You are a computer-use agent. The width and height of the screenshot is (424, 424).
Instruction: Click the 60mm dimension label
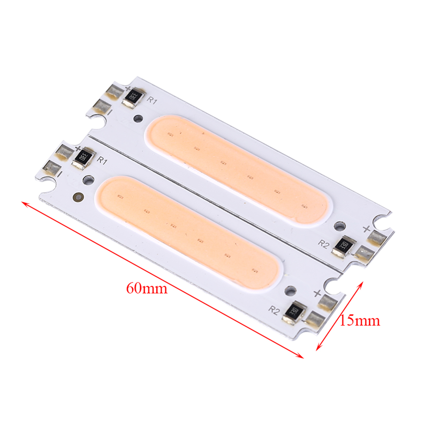(147, 288)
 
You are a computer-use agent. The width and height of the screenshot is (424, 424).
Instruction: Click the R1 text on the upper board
(151, 101)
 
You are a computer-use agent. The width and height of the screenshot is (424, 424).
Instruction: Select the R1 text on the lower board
(102, 160)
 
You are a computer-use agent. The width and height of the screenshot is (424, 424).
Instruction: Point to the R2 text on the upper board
(323, 244)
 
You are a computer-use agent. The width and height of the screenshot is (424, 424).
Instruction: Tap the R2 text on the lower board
(274, 311)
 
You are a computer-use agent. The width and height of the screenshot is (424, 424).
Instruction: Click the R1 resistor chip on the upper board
(134, 97)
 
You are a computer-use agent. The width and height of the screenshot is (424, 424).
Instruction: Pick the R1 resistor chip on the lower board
(84, 158)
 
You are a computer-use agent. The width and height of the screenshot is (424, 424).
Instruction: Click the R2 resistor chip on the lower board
(294, 312)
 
